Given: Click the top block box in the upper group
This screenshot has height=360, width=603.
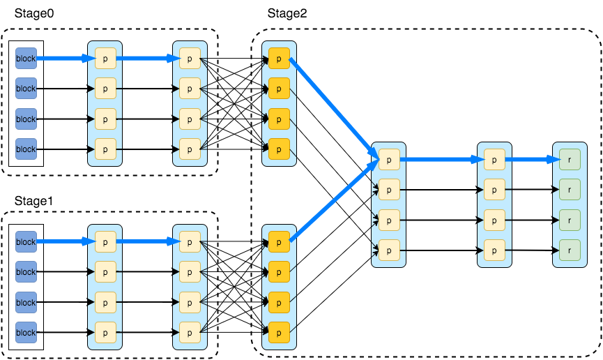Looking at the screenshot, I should click(x=26, y=59).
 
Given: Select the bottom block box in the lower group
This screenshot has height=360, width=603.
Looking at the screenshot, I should click(x=26, y=333).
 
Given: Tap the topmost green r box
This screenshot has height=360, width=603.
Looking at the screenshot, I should click(x=570, y=159).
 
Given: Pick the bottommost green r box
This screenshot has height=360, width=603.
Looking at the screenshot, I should click(x=570, y=250).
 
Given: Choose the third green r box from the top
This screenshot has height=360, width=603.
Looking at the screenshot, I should click(x=570, y=220).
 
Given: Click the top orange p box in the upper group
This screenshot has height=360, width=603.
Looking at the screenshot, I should click(x=279, y=59).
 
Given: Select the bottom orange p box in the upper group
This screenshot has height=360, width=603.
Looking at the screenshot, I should click(x=279, y=149).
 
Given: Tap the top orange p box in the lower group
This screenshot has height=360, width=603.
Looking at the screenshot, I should click(x=279, y=241).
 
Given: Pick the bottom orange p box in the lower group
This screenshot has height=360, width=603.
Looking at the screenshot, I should click(x=279, y=332).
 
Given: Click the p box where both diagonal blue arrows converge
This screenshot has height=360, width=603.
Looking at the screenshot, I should click(x=389, y=159).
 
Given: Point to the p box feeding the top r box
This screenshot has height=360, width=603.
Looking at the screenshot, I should click(x=494, y=159).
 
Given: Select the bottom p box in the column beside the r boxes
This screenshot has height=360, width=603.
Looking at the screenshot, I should click(x=494, y=250).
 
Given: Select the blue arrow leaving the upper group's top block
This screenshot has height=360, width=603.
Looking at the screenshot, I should click(x=64, y=59).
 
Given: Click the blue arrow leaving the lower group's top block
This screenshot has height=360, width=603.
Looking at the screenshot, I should click(x=64, y=241).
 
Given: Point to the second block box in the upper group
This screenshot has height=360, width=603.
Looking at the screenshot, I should click(x=26, y=89).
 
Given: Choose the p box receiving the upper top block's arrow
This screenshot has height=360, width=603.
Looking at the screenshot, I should click(x=105, y=59).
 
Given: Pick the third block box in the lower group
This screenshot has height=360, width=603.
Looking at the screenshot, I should click(x=26, y=302).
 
